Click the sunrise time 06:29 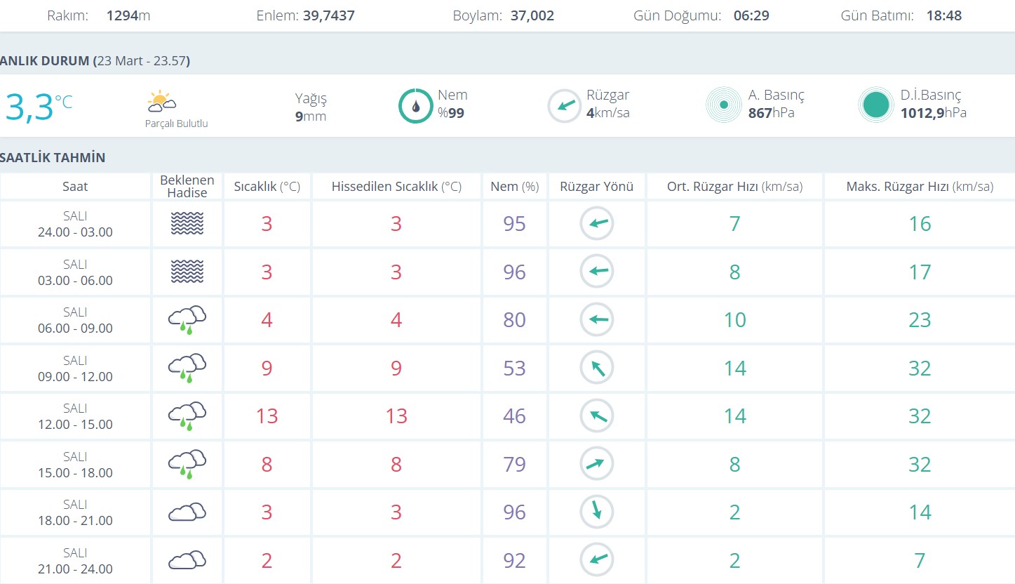point(751,15)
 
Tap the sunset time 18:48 point(943,15)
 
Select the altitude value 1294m point(128,15)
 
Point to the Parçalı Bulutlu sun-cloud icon point(161,102)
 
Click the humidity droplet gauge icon point(415,106)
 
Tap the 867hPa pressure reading point(771,113)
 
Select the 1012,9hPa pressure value point(933,113)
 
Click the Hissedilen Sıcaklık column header point(396,187)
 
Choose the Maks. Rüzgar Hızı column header point(920,187)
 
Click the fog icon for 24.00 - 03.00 point(187,224)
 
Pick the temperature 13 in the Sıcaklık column point(267,416)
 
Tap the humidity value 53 point(514,369)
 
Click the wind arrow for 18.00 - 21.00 point(597,512)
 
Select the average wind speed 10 point(734,320)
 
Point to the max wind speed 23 point(920,320)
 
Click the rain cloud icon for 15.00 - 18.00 point(187,464)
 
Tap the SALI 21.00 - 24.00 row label point(75,561)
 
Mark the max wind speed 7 point(920,561)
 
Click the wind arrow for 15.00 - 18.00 point(597,464)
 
